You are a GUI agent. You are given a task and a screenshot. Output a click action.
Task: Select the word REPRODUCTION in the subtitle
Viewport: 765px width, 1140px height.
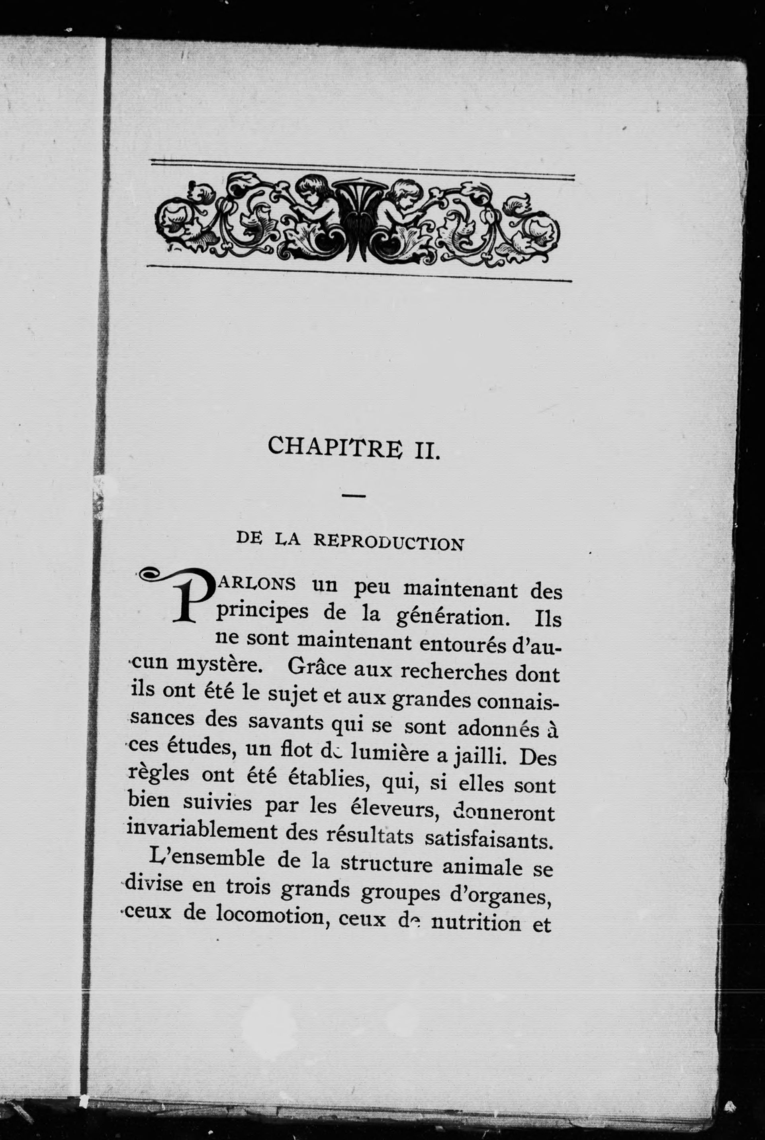click(x=388, y=542)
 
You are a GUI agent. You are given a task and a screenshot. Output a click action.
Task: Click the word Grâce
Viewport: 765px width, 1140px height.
click(x=317, y=669)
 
